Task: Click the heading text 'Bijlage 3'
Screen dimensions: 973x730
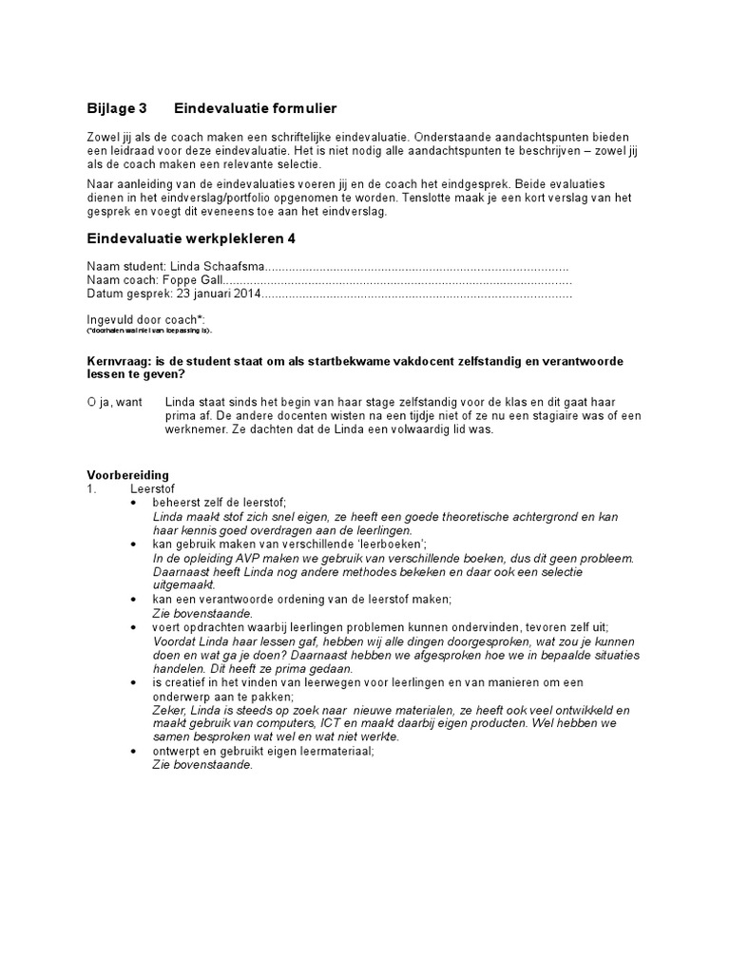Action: (117, 110)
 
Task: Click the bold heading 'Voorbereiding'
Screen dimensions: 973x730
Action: (127, 474)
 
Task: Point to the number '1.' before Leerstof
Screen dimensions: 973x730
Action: (92, 487)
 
